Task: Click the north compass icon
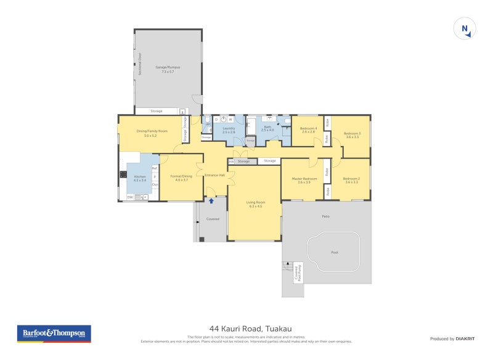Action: (x=466, y=29)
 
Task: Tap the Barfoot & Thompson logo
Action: (x=54, y=333)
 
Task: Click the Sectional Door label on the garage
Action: (x=141, y=65)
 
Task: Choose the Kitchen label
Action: (x=140, y=179)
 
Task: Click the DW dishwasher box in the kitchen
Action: (x=131, y=197)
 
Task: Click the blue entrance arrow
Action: (x=211, y=201)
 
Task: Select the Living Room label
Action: (x=255, y=204)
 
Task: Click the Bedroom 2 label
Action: (x=351, y=180)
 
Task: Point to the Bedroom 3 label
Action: (x=352, y=135)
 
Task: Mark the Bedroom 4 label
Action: (x=309, y=129)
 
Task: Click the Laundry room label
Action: (x=229, y=130)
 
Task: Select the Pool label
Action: (x=335, y=252)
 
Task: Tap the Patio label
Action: (x=325, y=216)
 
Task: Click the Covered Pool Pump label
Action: (x=298, y=272)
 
